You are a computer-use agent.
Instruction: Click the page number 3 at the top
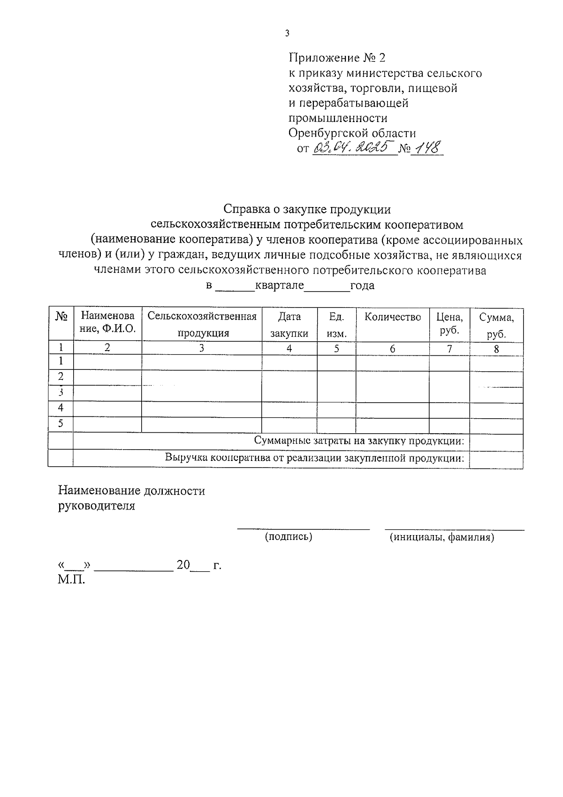click(287, 33)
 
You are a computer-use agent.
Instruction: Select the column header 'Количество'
click(393, 317)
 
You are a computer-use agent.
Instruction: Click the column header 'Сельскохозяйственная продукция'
click(202, 324)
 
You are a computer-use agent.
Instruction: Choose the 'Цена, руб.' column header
click(449, 323)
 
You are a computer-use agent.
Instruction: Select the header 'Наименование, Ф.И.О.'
click(107, 322)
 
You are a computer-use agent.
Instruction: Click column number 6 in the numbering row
click(392, 349)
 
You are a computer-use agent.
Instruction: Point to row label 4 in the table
click(61, 408)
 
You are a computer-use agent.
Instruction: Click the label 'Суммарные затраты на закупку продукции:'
click(359, 441)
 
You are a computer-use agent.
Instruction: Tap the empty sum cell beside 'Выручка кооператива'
click(496, 459)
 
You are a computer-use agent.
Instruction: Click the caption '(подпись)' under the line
click(289, 536)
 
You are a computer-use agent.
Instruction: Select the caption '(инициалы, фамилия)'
click(441, 537)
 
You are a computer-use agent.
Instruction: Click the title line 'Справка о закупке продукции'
click(307, 209)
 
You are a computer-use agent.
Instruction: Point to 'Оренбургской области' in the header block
click(352, 133)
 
